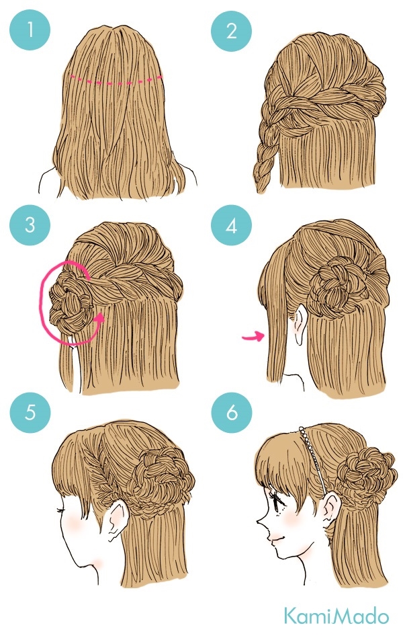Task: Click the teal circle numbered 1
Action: click(x=30, y=30)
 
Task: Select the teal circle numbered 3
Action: click(x=30, y=225)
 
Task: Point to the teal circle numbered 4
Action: click(x=231, y=225)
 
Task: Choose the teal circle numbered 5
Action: click(x=30, y=412)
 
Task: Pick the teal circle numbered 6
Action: click(x=232, y=412)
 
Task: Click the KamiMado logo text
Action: click(x=337, y=616)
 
